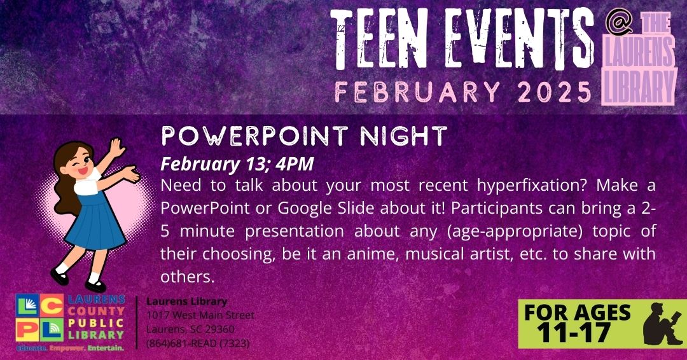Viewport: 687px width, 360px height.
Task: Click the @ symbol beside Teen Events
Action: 618,22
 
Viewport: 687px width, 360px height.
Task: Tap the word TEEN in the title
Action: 378,39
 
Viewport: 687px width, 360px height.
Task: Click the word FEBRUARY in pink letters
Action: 417,92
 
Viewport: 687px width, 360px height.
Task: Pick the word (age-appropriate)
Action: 515,232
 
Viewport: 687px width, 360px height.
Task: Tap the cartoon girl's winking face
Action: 80,160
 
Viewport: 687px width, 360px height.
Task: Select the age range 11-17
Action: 574,333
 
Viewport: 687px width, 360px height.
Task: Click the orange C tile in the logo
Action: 52,305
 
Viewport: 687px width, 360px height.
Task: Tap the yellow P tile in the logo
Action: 27,329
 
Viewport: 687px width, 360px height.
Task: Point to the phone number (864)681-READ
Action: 198,343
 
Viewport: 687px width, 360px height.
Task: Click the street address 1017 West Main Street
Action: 200,315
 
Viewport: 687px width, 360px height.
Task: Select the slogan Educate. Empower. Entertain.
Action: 70,348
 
